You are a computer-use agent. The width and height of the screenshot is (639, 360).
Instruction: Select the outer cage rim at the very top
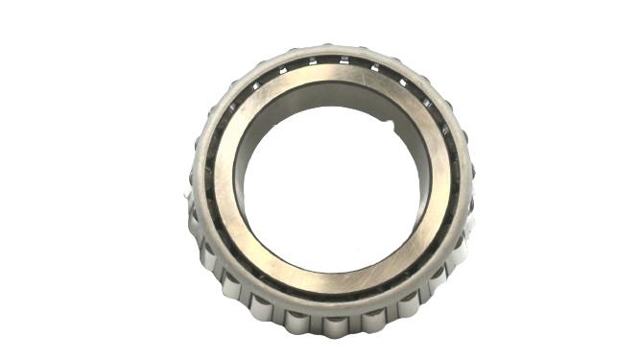coord(331,45)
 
